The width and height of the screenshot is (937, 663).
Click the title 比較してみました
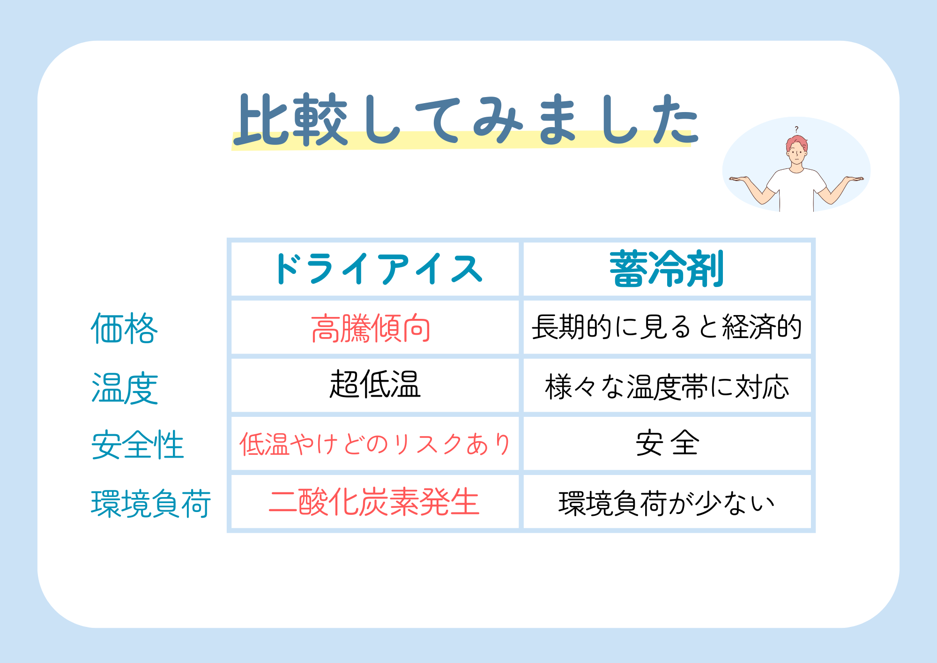point(466,119)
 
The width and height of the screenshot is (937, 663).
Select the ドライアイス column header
point(379,269)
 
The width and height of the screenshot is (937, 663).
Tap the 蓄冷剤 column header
point(667,269)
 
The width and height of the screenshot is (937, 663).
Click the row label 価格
point(124,328)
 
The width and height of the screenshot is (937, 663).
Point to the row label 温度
point(125,388)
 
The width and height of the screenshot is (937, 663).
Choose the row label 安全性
point(137,445)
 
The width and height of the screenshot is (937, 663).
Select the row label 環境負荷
point(151,504)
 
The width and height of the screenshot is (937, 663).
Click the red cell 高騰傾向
point(371,328)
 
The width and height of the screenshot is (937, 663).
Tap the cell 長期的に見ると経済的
point(667,327)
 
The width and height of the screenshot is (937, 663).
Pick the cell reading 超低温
point(375,384)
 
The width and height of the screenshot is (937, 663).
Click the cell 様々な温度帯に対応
point(667,387)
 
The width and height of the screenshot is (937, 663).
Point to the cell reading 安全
point(667,443)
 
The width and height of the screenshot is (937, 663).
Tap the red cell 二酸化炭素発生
point(374,502)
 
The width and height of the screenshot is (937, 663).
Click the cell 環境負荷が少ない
point(667,504)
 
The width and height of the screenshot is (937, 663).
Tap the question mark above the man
point(796,129)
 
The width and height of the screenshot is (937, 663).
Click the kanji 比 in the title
point(261,119)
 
